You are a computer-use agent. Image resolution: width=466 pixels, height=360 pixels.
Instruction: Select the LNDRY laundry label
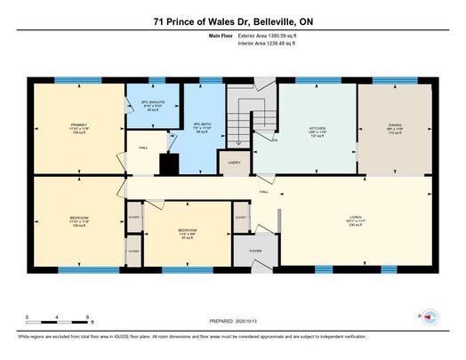click(x=233, y=163)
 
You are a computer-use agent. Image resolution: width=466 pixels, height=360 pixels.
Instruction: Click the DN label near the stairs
click(x=275, y=140)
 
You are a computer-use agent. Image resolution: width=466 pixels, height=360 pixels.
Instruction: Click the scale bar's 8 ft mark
click(x=87, y=317)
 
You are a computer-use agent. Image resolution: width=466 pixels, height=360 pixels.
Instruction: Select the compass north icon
click(x=428, y=316)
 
